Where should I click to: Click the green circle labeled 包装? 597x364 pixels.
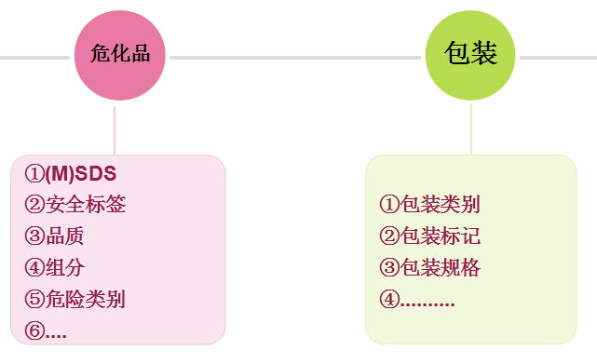[470, 55]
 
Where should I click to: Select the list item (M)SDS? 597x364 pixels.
[81, 173]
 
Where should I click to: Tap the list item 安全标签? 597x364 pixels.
[85, 205]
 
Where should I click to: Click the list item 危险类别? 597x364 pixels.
[85, 299]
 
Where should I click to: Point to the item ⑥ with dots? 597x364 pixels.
[46, 330]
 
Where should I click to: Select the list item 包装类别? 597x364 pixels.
[440, 205]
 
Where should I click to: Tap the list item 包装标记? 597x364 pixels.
[440, 236]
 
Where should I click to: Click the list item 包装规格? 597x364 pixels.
[440, 268]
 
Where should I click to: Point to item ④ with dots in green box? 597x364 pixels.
[417, 300]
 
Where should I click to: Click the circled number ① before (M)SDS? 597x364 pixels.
[34, 173]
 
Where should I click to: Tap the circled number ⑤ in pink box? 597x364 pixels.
[34, 299]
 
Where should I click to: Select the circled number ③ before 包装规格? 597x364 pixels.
[389, 268]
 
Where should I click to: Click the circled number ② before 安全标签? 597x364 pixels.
[34, 205]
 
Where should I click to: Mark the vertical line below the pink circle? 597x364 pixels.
[115, 129]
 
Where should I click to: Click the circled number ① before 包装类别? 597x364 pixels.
[389, 205]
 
